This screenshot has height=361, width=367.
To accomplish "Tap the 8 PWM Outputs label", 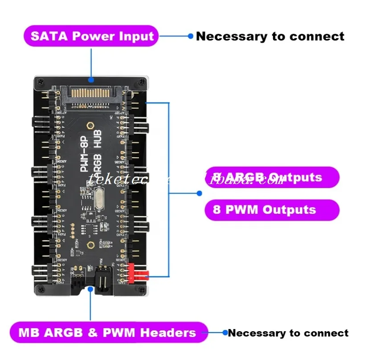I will point(272,209).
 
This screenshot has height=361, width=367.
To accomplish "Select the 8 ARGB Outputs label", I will point(272,177).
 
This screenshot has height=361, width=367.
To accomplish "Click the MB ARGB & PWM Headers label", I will point(108,333).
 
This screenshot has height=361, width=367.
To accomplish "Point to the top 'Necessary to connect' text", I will point(270,36).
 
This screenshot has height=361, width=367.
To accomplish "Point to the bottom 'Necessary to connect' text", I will point(288,333).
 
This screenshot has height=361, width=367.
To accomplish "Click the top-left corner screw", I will point(41,81).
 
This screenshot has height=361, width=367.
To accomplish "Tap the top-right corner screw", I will point(142,81).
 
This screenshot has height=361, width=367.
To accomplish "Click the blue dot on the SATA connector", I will point(91,80).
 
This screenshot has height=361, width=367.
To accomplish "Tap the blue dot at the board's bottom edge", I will point(91,289).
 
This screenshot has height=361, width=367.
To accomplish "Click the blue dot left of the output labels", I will point(199,193).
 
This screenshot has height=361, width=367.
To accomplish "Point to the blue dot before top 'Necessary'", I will point(190,36).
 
